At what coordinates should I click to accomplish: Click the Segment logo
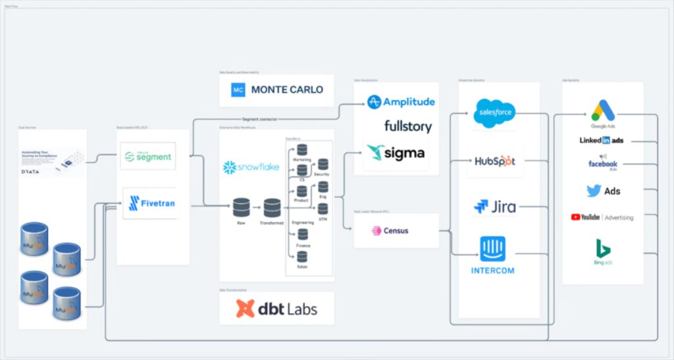click(148, 157)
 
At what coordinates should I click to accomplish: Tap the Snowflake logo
click(250, 168)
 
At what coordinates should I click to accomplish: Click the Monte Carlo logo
click(277, 90)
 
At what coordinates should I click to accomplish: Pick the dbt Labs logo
click(276, 308)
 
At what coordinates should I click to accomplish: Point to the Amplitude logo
click(401, 102)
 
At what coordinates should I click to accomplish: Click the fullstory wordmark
click(408, 126)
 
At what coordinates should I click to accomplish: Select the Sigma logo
click(396, 153)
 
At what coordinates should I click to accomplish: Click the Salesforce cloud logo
click(494, 113)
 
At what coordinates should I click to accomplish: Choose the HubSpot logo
click(495, 161)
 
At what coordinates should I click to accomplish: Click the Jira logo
click(495, 207)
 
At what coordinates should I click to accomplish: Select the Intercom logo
click(492, 254)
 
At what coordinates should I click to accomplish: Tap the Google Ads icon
click(602, 112)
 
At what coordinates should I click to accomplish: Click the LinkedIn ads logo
click(602, 140)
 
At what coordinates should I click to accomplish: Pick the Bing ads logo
click(603, 251)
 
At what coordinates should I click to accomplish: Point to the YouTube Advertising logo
click(602, 217)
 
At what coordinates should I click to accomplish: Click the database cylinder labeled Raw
click(241, 208)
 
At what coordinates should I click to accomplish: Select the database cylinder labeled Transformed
click(272, 208)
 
